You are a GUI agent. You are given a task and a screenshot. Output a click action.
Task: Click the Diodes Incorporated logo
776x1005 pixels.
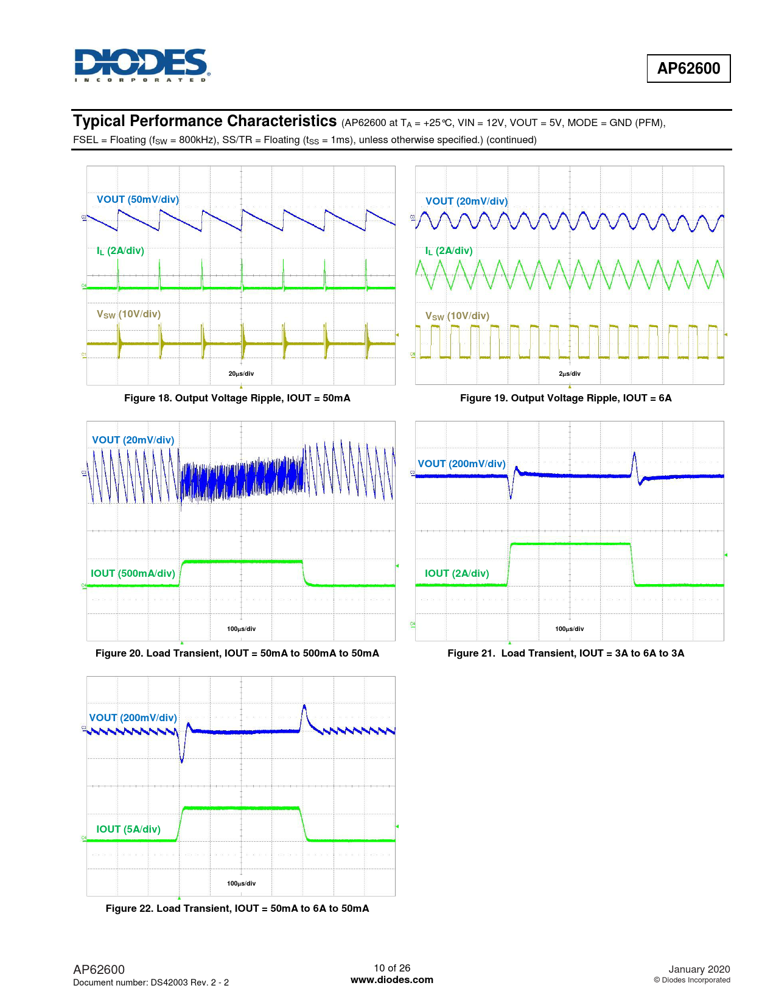click(x=142, y=65)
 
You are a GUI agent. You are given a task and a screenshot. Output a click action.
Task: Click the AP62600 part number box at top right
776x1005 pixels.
click(x=688, y=68)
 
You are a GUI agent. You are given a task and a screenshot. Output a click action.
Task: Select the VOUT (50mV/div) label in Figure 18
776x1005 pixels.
click(x=138, y=200)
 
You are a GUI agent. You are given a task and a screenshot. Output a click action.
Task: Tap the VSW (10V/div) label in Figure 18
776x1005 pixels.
click(x=128, y=314)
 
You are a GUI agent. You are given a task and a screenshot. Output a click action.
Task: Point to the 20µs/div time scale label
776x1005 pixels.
click(x=241, y=373)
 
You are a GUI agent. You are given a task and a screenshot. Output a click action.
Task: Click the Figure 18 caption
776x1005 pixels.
click(x=237, y=398)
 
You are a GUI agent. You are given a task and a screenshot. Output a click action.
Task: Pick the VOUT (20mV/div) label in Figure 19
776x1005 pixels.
click(x=466, y=202)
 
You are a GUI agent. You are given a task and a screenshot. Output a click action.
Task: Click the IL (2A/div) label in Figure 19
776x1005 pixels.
click(x=449, y=251)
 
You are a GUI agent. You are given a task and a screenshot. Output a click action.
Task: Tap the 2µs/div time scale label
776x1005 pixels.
click(x=570, y=373)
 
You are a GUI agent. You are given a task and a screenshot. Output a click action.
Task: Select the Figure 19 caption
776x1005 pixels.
click(x=566, y=398)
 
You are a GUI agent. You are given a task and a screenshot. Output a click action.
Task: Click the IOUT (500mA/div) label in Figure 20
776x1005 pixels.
click(x=133, y=574)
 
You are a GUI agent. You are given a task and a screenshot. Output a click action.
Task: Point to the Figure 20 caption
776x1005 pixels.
click(x=237, y=654)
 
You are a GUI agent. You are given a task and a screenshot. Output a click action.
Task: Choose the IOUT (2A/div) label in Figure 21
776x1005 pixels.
click(x=456, y=574)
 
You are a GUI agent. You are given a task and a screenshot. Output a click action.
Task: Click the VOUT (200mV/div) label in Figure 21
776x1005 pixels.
click(x=461, y=464)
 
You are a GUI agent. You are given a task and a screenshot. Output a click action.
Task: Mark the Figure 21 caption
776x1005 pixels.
click(x=566, y=654)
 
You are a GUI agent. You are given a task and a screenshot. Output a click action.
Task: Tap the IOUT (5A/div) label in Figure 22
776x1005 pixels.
click(x=128, y=830)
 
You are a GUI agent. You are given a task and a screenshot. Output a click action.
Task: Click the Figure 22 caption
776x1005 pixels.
click(x=237, y=909)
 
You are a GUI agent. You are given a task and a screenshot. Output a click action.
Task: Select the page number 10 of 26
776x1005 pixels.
click(x=392, y=968)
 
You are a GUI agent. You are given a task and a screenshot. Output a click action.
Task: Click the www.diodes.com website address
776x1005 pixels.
click(x=392, y=980)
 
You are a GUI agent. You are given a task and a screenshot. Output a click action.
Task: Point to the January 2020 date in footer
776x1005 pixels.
click(x=699, y=970)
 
